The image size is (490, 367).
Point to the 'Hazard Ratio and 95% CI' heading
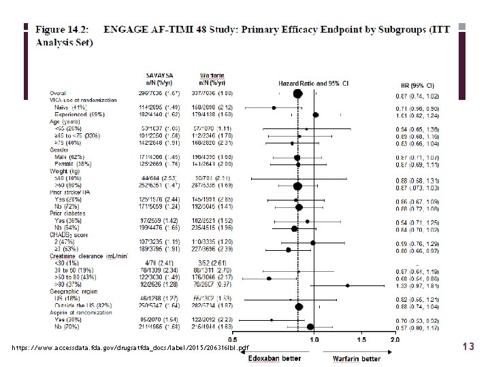[x=312, y=82]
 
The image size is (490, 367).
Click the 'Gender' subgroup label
[x=59, y=152]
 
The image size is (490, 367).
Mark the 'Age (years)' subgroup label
[x=63, y=120]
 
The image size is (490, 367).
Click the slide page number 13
[x=468, y=347]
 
